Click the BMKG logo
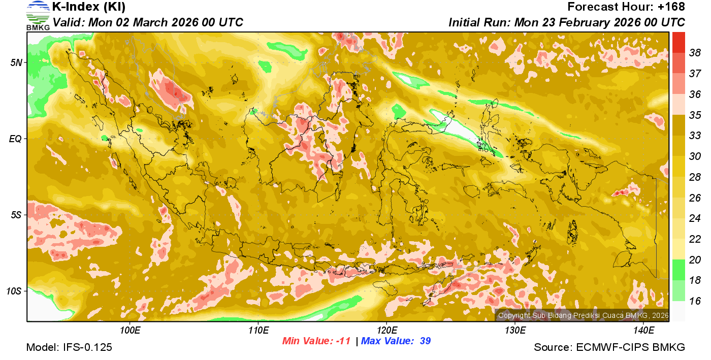pos(38,16)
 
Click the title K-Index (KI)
pos(89,7)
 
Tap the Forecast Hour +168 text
pos(626,7)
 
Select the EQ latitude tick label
pos(16,139)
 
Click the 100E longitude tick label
pos(130,331)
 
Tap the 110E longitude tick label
pos(258,331)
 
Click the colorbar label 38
pos(695,53)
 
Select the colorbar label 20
pos(695,260)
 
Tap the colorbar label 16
pos(695,301)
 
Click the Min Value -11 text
pos(316,341)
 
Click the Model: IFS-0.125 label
pos(69,348)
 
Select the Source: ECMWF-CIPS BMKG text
pos(609,348)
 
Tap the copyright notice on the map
pos(583,315)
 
